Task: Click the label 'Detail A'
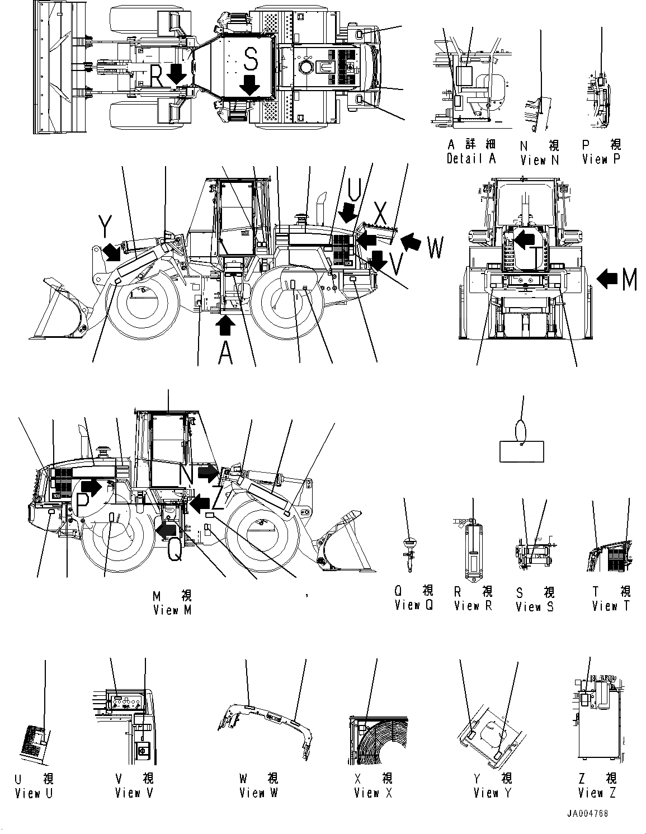471,159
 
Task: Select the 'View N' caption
540,160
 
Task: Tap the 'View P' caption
601,159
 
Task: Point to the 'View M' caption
172,610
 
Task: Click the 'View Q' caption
414,605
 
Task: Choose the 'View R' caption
473,605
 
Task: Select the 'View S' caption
535,606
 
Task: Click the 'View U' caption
34,793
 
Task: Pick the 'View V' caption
134,793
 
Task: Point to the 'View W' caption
259,793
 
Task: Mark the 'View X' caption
374,793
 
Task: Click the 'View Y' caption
493,793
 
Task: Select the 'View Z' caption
597,793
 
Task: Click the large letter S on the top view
251,59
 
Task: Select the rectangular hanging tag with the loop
521,451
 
